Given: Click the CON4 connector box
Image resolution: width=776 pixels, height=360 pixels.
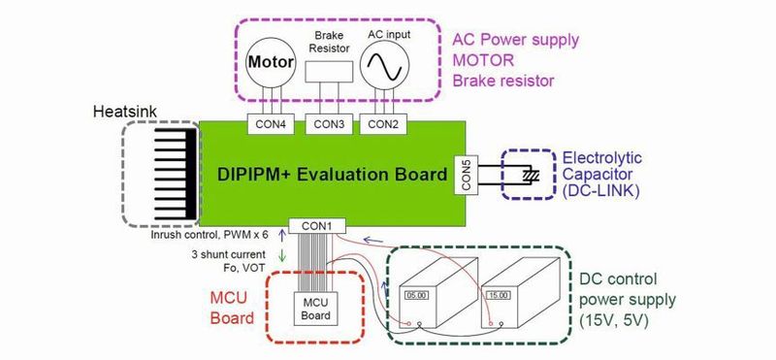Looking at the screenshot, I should pos(271,123).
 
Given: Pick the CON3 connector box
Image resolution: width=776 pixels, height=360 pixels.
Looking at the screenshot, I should pos(329,123).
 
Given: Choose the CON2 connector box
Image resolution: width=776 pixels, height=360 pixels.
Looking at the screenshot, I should pos(384,123).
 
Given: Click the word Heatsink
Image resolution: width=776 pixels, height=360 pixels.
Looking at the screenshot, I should pos(120,113).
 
